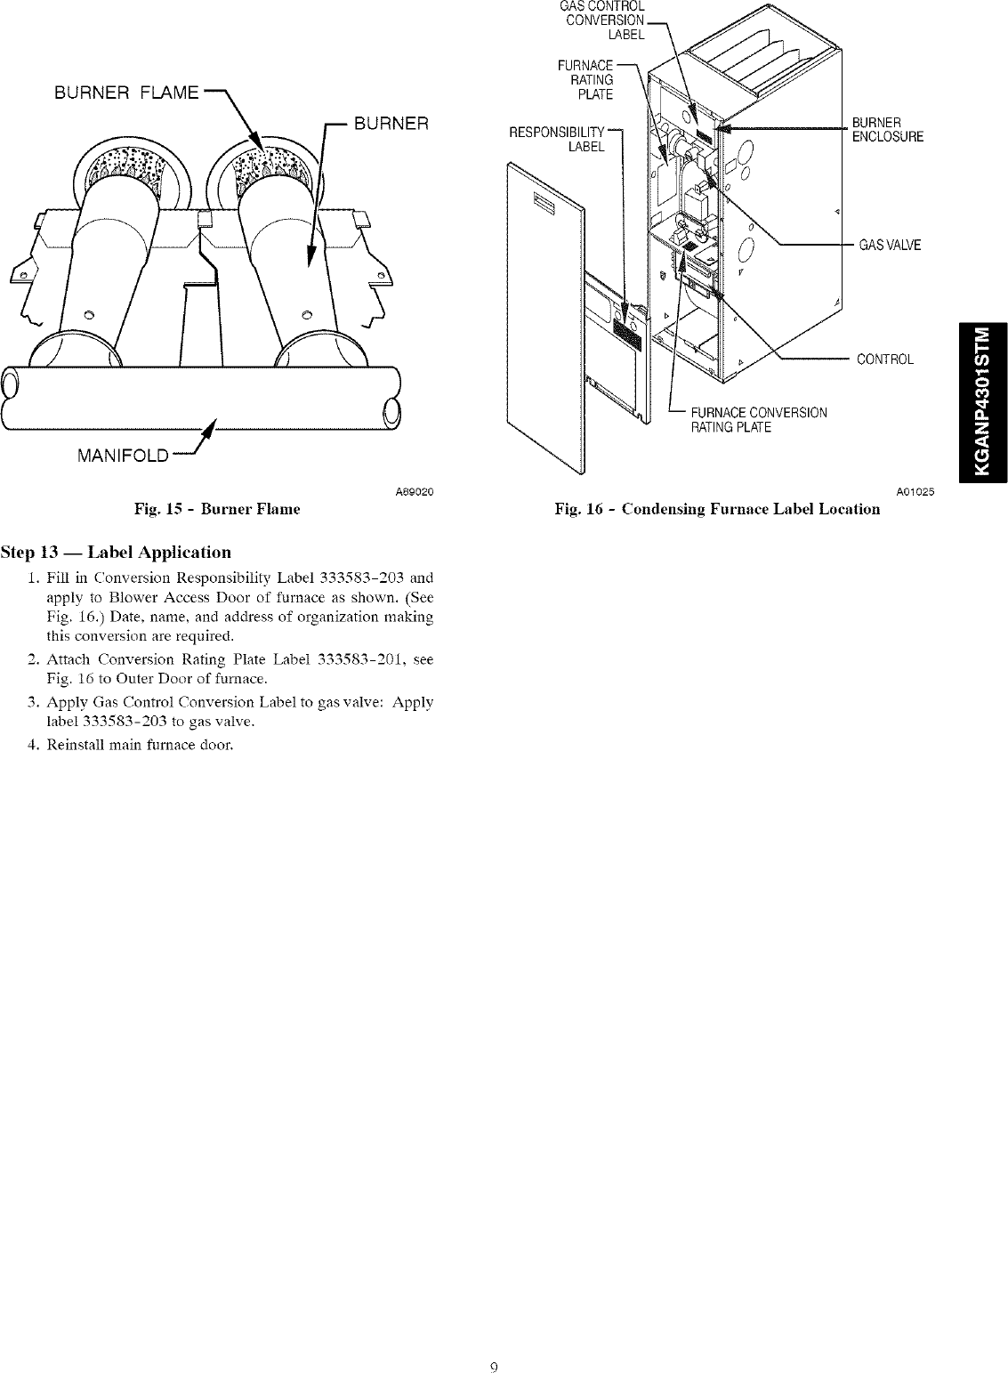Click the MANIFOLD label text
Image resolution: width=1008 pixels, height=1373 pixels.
click(123, 456)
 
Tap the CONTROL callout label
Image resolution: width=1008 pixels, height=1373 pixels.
click(884, 359)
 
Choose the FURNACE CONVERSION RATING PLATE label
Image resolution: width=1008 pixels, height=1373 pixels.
click(759, 419)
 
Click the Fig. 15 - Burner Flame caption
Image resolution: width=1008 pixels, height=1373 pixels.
click(216, 509)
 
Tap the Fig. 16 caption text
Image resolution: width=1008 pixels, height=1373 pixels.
click(717, 509)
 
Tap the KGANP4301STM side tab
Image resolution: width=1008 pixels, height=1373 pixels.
click(981, 400)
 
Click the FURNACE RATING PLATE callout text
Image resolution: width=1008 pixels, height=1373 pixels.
click(586, 80)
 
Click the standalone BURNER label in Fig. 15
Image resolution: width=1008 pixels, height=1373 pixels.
click(391, 124)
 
